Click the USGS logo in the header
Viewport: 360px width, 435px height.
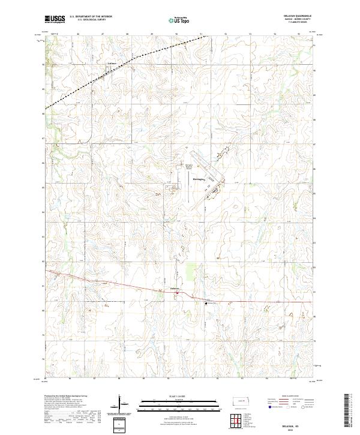pos(54,19)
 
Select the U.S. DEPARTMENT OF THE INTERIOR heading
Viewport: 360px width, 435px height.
pos(90,16)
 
